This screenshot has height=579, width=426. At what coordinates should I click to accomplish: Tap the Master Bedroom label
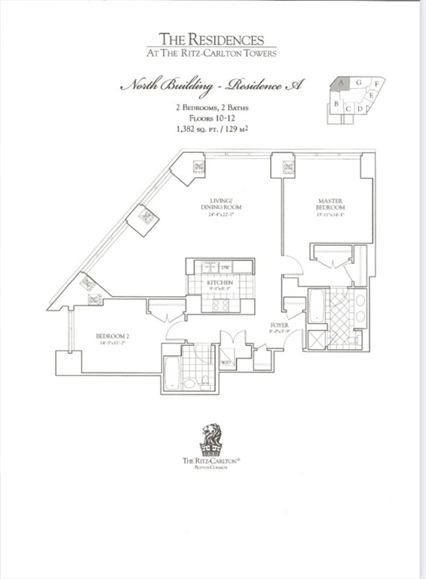point(330,204)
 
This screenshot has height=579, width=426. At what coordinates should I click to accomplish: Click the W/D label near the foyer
point(225,363)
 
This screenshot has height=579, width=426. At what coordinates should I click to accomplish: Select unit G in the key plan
point(359,81)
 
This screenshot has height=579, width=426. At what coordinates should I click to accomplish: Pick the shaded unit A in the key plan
point(342,82)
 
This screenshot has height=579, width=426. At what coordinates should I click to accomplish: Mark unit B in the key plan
point(336,103)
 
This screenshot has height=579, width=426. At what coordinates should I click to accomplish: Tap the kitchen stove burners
point(220,305)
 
